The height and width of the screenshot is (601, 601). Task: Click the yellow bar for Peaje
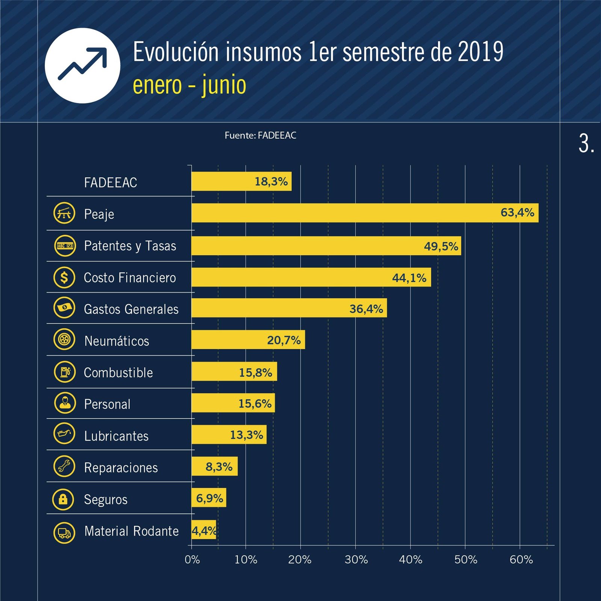364,213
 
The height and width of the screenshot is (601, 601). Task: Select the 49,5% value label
441,246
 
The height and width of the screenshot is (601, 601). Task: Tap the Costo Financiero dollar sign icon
64,277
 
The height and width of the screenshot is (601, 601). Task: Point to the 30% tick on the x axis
356,560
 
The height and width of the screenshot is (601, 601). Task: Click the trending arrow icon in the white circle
83,65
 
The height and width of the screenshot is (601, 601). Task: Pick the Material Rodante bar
204,530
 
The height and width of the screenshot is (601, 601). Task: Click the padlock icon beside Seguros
63,499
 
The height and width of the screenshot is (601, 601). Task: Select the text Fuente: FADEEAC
260,135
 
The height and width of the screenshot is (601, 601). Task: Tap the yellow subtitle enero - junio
189,85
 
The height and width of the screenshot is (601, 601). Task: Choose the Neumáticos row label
116,341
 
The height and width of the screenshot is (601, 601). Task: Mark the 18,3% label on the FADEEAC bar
271,181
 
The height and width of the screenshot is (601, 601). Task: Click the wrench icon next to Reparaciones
64,467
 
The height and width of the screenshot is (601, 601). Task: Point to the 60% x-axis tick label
521,560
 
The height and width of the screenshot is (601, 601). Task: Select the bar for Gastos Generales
289,308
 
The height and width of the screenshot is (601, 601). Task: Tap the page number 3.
586,144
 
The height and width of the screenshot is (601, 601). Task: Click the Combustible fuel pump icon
65,372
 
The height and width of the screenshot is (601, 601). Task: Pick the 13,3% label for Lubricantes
246,435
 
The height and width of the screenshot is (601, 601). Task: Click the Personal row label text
107,404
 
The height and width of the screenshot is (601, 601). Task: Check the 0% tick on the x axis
192,560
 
